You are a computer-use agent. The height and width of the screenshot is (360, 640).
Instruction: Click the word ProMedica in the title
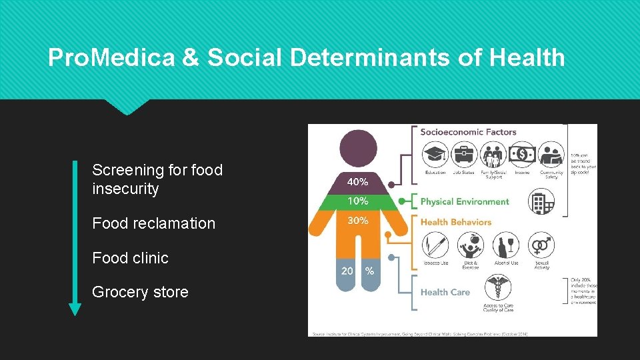pyautogui.click(x=111, y=58)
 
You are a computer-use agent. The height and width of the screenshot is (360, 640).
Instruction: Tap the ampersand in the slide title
pyautogui.click(x=190, y=58)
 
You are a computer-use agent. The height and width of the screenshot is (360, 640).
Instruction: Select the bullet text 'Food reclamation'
pyautogui.click(x=154, y=223)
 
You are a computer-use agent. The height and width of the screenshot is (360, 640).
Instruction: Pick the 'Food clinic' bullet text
pyautogui.click(x=131, y=258)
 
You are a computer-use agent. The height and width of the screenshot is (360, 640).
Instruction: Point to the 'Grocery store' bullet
pyautogui.click(x=141, y=292)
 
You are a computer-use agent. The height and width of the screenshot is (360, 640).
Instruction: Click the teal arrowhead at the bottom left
pyautogui.click(x=75, y=309)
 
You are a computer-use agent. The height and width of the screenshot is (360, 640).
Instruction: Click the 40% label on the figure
pyautogui.click(x=357, y=181)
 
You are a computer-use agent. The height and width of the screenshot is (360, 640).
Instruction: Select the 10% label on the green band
pyautogui.click(x=357, y=201)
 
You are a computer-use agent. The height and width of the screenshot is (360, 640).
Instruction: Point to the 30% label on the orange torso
pyautogui.click(x=357, y=221)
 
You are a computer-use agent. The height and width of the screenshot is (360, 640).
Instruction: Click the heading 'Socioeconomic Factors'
pyautogui.click(x=468, y=132)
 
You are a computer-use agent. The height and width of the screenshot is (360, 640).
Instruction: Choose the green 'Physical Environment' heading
pyautogui.click(x=465, y=201)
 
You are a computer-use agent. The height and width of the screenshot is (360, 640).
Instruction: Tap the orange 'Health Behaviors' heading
pyautogui.click(x=456, y=222)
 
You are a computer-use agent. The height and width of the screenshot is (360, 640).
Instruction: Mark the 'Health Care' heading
pyautogui.click(x=445, y=292)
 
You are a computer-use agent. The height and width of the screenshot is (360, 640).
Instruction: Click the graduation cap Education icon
pyautogui.click(x=435, y=155)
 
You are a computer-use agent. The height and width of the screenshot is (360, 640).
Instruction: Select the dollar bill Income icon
pyautogui.click(x=522, y=155)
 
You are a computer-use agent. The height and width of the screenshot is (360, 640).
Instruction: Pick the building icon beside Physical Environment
pyautogui.click(x=541, y=201)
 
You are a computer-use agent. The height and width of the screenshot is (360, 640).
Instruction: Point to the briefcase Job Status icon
pyautogui.click(x=463, y=155)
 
